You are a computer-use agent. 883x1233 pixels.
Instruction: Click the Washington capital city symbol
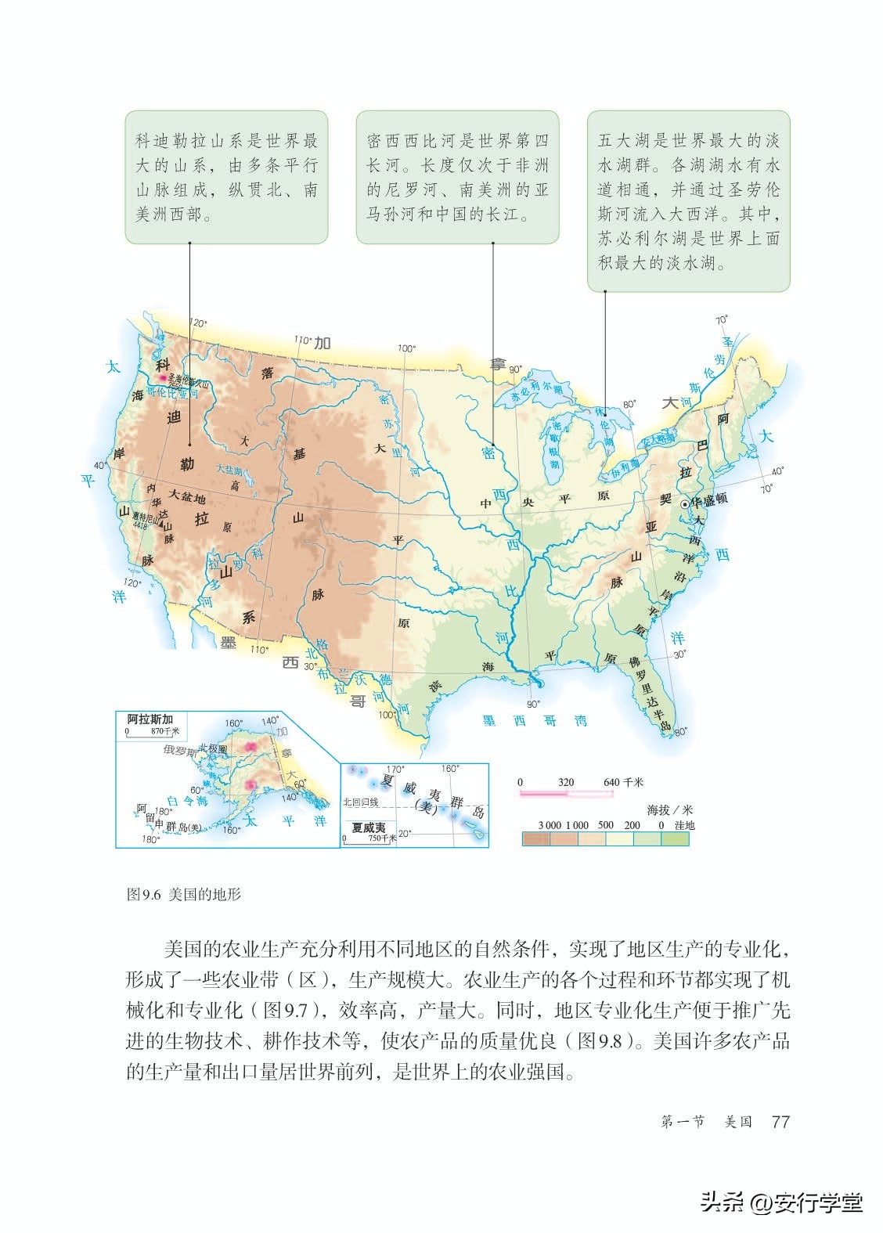coord(683,505)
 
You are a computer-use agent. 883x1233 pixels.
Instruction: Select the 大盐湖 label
coord(230,470)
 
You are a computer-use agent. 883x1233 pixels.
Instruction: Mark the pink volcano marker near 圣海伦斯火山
coord(164,377)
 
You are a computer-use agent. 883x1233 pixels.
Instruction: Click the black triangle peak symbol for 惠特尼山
coord(160,527)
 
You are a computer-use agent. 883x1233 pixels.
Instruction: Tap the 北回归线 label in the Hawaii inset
coord(361,802)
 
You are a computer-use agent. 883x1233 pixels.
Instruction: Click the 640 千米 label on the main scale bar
coord(623,782)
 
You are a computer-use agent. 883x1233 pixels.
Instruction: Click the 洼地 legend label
coord(684,825)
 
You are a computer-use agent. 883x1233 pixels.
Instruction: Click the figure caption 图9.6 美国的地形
coord(183,894)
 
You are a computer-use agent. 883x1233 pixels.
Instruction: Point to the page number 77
coord(780,1121)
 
